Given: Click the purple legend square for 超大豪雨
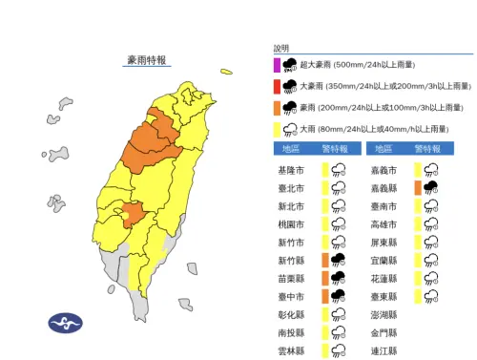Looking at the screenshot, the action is click(x=278, y=65).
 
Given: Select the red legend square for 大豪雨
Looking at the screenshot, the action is click(x=278, y=86).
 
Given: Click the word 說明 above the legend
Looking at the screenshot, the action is click(x=280, y=47).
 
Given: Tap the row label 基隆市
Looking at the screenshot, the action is click(x=290, y=169).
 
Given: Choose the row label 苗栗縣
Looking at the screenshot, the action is click(x=290, y=278).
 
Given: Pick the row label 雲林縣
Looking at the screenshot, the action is click(x=290, y=350).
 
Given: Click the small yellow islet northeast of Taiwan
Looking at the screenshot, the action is click(x=226, y=71).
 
